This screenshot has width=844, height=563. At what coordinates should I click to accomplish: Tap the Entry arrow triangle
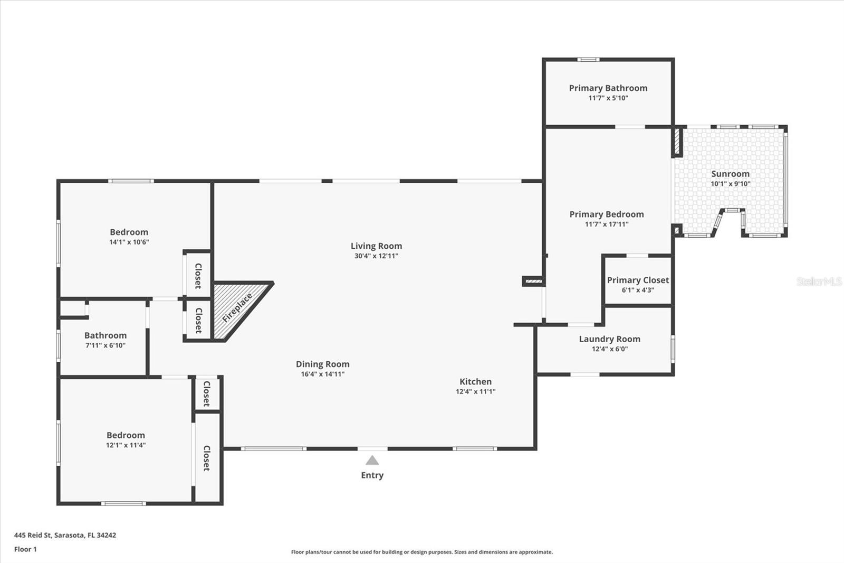pyautogui.click(x=372, y=460)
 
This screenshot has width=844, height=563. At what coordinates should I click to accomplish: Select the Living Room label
pyautogui.click(x=376, y=246)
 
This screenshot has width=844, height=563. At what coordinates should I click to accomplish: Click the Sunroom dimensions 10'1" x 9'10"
pyautogui.click(x=730, y=184)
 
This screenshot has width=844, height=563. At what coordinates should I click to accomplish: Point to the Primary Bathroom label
pyautogui.click(x=608, y=88)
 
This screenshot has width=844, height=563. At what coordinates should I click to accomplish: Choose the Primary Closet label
pyautogui.click(x=638, y=280)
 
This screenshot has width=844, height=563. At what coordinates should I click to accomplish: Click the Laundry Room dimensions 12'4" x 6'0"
pyautogui.click(x=610, y=349)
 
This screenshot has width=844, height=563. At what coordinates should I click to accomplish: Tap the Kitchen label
pyautogui.click(x=475, y=382)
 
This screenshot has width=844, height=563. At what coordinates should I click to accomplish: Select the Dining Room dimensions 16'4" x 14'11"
pyautogui.click(x=322, y=374)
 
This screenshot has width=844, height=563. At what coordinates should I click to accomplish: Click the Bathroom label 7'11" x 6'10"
pyautogui.click(x=105, y=336)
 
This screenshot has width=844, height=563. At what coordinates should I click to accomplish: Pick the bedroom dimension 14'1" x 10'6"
pyautogui.click(x=129, y=242)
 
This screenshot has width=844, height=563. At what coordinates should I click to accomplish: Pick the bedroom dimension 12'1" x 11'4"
pyautogui.click(x=126, y=445)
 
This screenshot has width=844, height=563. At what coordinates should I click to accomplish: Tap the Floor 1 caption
pyautogui.click(x=25, y=549)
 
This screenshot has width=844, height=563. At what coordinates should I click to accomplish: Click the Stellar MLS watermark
pyautogui.click(x=819, y=281)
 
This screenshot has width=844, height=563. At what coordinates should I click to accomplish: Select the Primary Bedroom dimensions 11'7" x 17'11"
pyautogui.click(x=607, y=224)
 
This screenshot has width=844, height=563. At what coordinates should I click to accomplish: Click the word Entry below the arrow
pyautogui.click(x=372, y=475)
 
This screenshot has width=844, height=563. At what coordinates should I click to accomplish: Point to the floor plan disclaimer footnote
pyautogui.click(x=422, y=552)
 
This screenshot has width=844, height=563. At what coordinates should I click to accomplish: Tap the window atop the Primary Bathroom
pyautogui.click(x=588, y=60)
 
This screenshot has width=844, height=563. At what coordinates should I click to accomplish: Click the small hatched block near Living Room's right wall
pyautogui.click(x=533, y=281)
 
